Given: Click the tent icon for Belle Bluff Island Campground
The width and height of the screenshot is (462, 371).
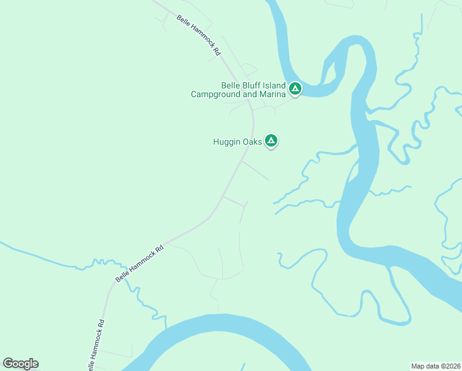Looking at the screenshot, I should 295,89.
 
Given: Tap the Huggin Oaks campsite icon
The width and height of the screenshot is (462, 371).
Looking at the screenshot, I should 271,141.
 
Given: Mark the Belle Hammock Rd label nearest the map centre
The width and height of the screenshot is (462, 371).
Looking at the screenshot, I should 140,263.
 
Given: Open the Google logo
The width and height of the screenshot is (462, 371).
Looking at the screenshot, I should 20,364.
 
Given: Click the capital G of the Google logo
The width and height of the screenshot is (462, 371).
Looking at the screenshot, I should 8,363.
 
